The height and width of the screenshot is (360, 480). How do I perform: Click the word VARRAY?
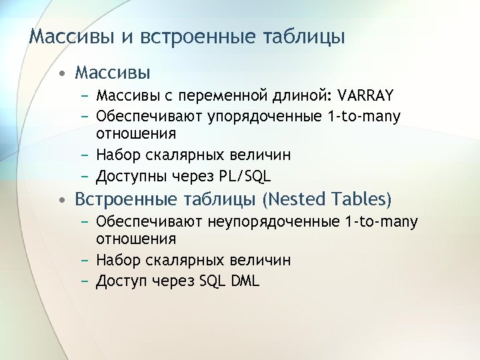tap(366, 95)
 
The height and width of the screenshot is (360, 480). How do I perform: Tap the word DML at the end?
tap(246, 281)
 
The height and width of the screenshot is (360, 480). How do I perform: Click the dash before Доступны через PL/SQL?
tap(87, 177)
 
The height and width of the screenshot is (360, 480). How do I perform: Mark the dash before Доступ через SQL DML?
tap(87, 281)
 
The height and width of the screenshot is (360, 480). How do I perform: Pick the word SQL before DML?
tap(213, 281)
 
